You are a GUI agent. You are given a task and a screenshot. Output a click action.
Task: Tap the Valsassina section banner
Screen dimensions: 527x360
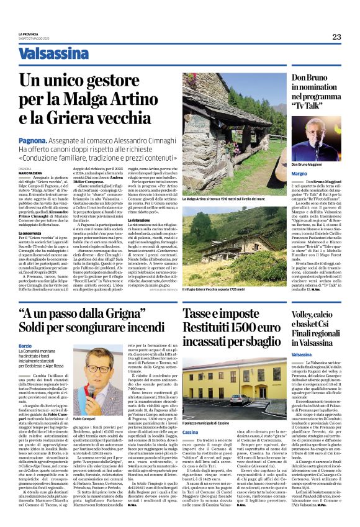pos(53,54)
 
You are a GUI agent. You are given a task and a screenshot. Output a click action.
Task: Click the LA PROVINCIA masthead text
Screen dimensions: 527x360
pos(29,34)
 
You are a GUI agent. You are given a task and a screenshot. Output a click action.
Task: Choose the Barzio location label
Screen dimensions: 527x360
pos(25,345)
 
